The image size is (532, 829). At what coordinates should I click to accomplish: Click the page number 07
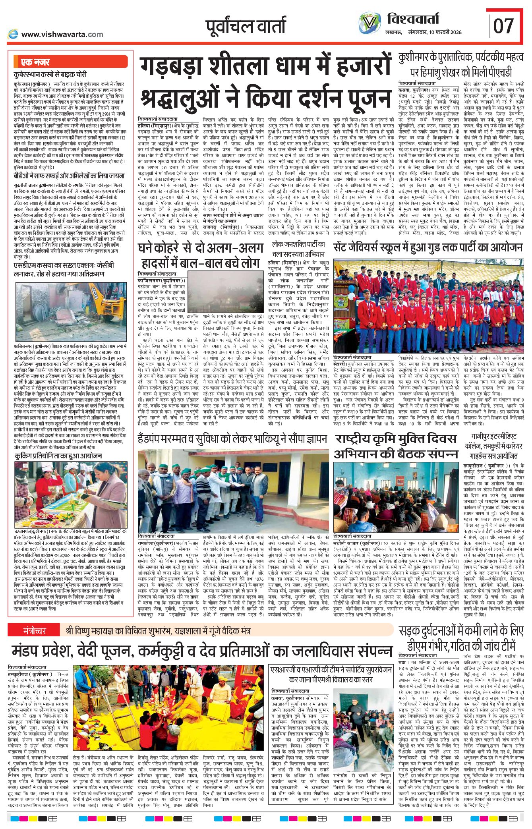pos(503,26)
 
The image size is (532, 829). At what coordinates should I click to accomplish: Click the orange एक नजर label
pos(36,62)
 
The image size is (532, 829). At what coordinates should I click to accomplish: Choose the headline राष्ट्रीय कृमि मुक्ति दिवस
pos(395,439)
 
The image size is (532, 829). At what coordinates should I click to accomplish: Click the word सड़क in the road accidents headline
pos(413,631)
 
